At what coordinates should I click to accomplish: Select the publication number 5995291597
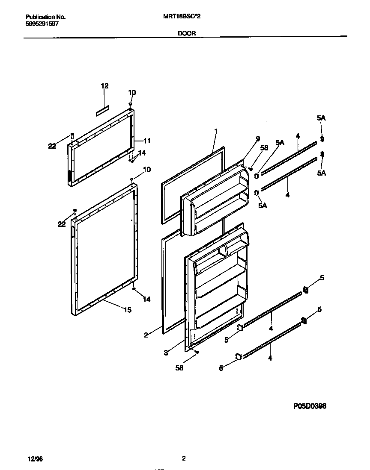tap(42, 24)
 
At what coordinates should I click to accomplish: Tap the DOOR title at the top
tap(187, 33)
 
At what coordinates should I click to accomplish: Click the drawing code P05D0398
tap(310, 406)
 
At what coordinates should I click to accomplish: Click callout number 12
tap(104, 86)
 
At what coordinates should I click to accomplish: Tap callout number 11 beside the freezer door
tap(147, 141)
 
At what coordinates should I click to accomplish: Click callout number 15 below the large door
tap(128, 310)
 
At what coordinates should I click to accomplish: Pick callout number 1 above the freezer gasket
tap(216, 131)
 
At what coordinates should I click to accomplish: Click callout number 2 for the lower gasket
tap(146, 335)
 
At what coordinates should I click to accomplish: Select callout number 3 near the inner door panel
tap(165, 353)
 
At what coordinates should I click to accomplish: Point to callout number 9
tap(257, 138)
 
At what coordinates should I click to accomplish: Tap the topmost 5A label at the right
tap(322, 118)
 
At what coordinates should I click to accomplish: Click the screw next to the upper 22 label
tap(72, 135)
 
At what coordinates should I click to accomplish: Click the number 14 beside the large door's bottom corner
tap(146, 299)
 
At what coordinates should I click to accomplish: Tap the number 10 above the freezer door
tap(132, 92)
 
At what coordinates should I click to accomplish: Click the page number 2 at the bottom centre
tap(183, 458)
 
